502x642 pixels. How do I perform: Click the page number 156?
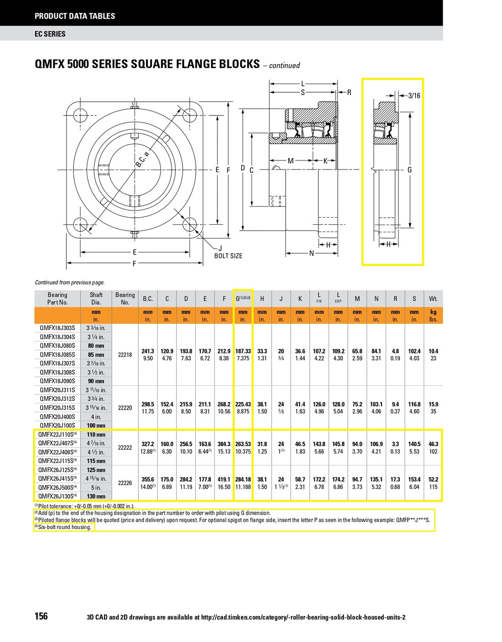[x=41, y=616]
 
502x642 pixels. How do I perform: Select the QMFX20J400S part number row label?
[x=57, y=417]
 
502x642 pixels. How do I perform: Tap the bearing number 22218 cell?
[x=125, y=355]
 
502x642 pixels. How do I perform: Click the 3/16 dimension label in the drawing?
[x=414, y=95]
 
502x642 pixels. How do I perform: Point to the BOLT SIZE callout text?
[x=228, y=256]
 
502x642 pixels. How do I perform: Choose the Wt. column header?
[x=433, y=299]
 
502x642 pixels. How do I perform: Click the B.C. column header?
[x=148, y=299]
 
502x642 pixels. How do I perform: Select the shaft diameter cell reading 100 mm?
[x=96, y=426]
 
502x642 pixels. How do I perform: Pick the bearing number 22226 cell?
[x=125, y=483]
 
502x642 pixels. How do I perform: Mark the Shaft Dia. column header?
[x=96, y=298]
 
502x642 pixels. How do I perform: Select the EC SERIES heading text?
[x=50, y=34]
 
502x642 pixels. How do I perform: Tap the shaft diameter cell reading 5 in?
[x=96, y=488]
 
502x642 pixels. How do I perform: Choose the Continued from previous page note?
[x=70, y=282]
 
